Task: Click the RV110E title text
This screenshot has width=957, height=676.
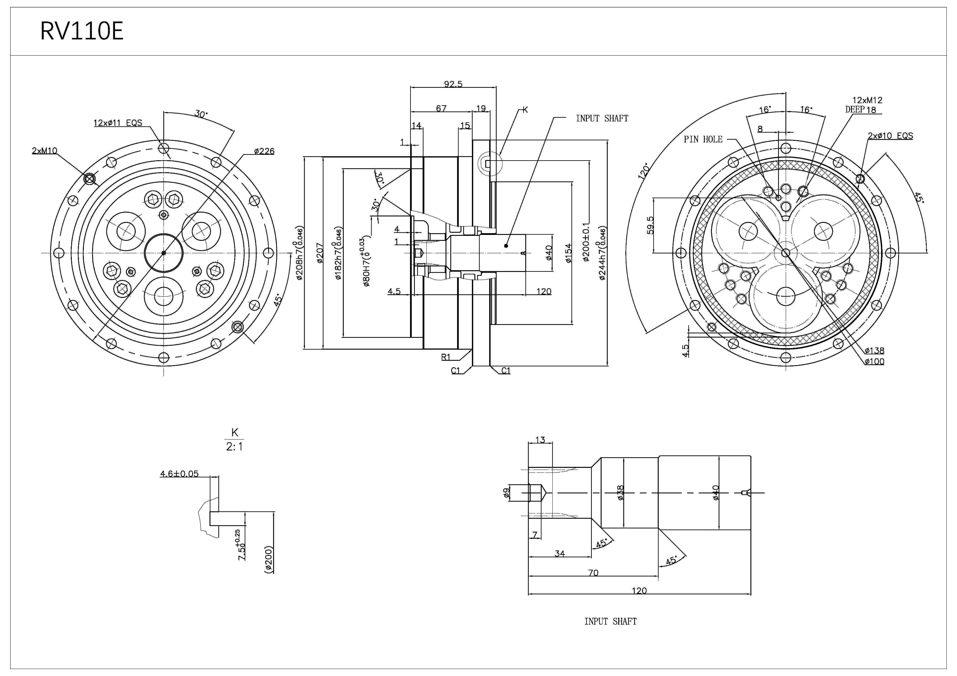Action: pyautogui.click(x=82, y=31)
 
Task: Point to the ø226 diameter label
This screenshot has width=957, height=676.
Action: pyautogui.click(x=264, y=151)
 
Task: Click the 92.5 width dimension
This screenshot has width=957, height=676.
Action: pyautogui.click(x=453, y=84)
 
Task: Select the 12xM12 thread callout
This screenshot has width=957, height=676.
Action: pyautogui.click(x=867, y=100)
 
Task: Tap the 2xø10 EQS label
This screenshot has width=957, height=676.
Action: pyautogui.click(x=890, y=136)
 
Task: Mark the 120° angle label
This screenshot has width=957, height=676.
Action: pyautogui.click(x=644, y=171)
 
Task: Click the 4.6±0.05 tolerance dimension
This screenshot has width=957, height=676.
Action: pyautogui.click(x=179, y=474)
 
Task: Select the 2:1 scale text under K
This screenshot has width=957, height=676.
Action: pyautogui.click(x=234, y=447)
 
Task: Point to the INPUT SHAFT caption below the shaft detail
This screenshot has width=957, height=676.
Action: pyautogui.click(x=610, y=621)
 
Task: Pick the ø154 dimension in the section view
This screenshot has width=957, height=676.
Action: pyautogui.click(x=568, y=253)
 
